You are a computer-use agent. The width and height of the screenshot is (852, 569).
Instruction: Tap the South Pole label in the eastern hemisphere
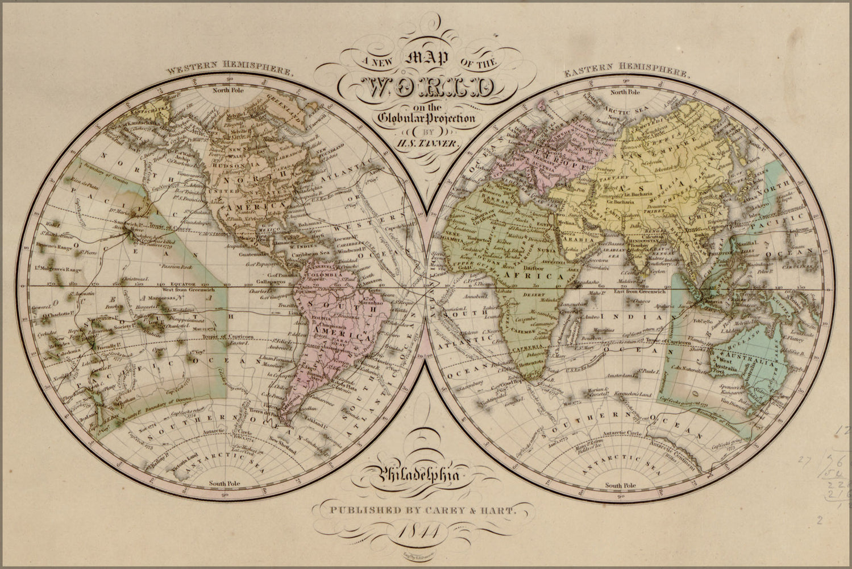621,485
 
